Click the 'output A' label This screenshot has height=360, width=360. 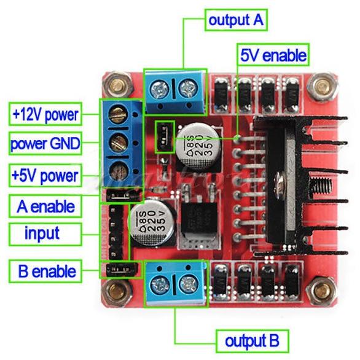236,20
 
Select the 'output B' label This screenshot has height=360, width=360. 252,340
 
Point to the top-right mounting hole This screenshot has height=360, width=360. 319,85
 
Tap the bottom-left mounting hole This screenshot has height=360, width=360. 114,289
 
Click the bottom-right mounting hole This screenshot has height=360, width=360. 319,288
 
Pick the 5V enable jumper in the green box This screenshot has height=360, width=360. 163,136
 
